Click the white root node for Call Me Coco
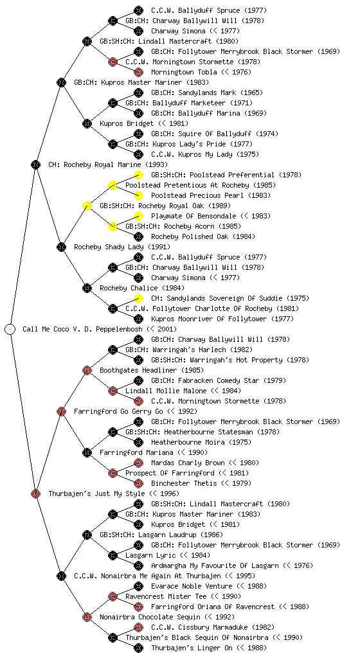(10, 329)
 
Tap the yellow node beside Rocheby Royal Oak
(87, 206)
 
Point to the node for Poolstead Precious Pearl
(138, 195)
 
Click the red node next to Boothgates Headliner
(87, 370)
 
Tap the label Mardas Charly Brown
(188, 463)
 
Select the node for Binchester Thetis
(138, 483)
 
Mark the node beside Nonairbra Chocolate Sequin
(87, 617)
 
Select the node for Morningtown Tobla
(138, 72)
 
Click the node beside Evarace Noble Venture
(138, 586)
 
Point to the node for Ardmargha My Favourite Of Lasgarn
(138, 565)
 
